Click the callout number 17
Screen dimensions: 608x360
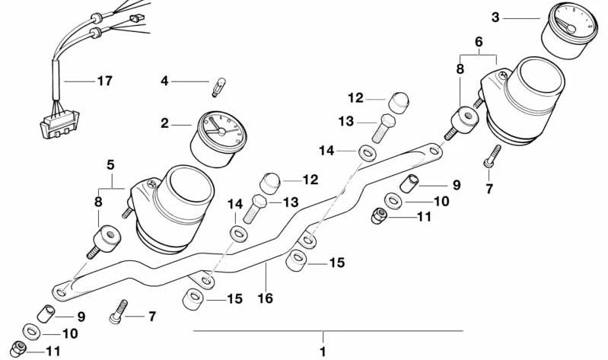tap(105, 81)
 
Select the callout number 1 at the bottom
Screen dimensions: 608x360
tap(323, 352)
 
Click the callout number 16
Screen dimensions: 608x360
tap(266, 298)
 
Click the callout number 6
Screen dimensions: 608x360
tap(479, 42)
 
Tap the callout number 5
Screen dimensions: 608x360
tap(110, 165)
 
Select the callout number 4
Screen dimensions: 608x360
tap(165, 81)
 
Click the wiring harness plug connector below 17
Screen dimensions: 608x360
tap(59, 123)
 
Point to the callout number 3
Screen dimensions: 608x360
tap(495, 18)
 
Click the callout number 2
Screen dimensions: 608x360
tap(165, 124)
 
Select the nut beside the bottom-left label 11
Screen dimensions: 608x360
tap(18, 349)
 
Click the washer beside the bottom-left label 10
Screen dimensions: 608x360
tap(30, 332)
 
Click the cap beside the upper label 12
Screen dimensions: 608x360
tap(399, 102)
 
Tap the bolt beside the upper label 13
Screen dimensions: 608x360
tap(383, 129)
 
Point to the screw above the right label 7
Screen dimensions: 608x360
tap(492, 156)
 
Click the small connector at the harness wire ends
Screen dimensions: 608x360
tap(136, 18)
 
